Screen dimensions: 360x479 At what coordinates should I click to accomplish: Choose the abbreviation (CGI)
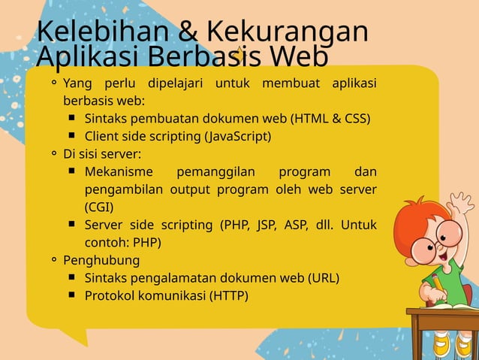99,206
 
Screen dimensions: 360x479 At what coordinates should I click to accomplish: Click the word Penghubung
101,260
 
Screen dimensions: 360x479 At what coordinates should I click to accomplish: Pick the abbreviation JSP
267,225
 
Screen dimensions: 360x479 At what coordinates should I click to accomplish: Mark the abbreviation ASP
297,225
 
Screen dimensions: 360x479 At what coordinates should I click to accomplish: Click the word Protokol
110,295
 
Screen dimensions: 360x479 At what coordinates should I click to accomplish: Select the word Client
102,136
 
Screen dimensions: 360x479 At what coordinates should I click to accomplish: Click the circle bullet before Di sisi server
54,154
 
